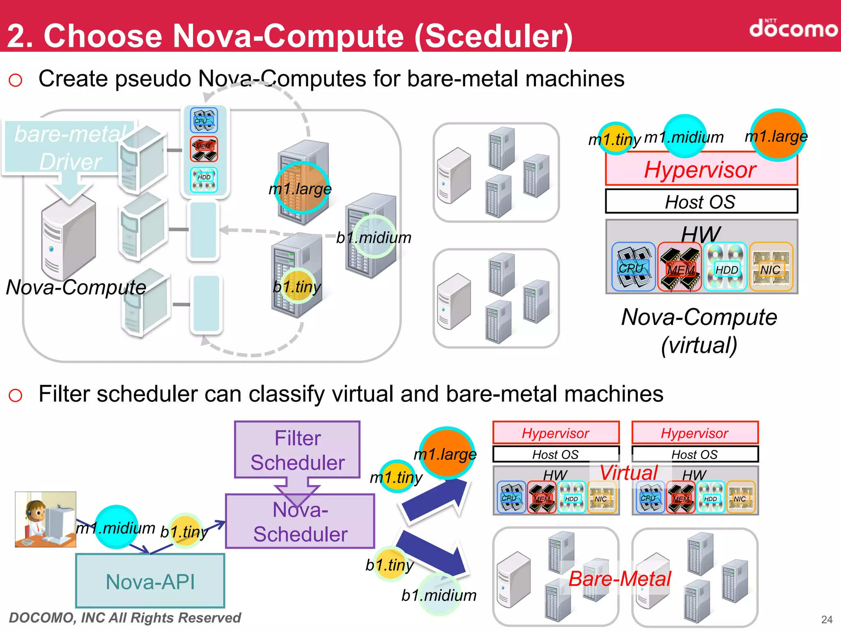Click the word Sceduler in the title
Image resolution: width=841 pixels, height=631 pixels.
pyautogui.click(x=493, y=36)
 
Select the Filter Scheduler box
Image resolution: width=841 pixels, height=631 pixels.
pyautogui.click(x=297, y=450)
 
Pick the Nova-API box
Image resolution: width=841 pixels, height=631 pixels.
pyautogui.click(x=150, y=581)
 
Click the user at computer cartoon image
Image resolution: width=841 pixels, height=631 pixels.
pyautogui.click(x=45, y=520)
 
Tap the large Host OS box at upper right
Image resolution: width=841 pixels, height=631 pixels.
pyautogui.click(x=701, y=201)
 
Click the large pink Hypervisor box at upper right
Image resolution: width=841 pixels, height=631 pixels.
pyautogui.click(x=701, y=170)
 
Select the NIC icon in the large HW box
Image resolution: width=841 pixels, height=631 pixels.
pyautogui.click(x=771, y=267)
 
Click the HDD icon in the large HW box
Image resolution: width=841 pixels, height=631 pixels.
pyautogui.click(x=725, y=267)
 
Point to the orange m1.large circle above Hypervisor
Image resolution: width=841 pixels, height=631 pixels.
pyautogui.click(x=777, y=135)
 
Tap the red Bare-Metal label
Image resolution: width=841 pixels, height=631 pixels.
pyautogui.click(x=619, y=579)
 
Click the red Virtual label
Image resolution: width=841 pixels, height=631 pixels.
pyautogui.click(x=629, y=472)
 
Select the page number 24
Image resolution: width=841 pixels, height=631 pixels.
pyautogui.click(x=827, y=619)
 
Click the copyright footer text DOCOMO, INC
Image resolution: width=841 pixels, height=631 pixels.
pyautogui.click(x=125, y=618)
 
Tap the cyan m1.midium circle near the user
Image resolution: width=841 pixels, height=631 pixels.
pyautogui.click(x=116, y=527)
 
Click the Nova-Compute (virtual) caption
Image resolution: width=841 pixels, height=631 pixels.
pyautogui.click(x=699, y=331)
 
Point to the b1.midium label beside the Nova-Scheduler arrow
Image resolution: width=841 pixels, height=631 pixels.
pyautogui.click(x=439, y=595)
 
